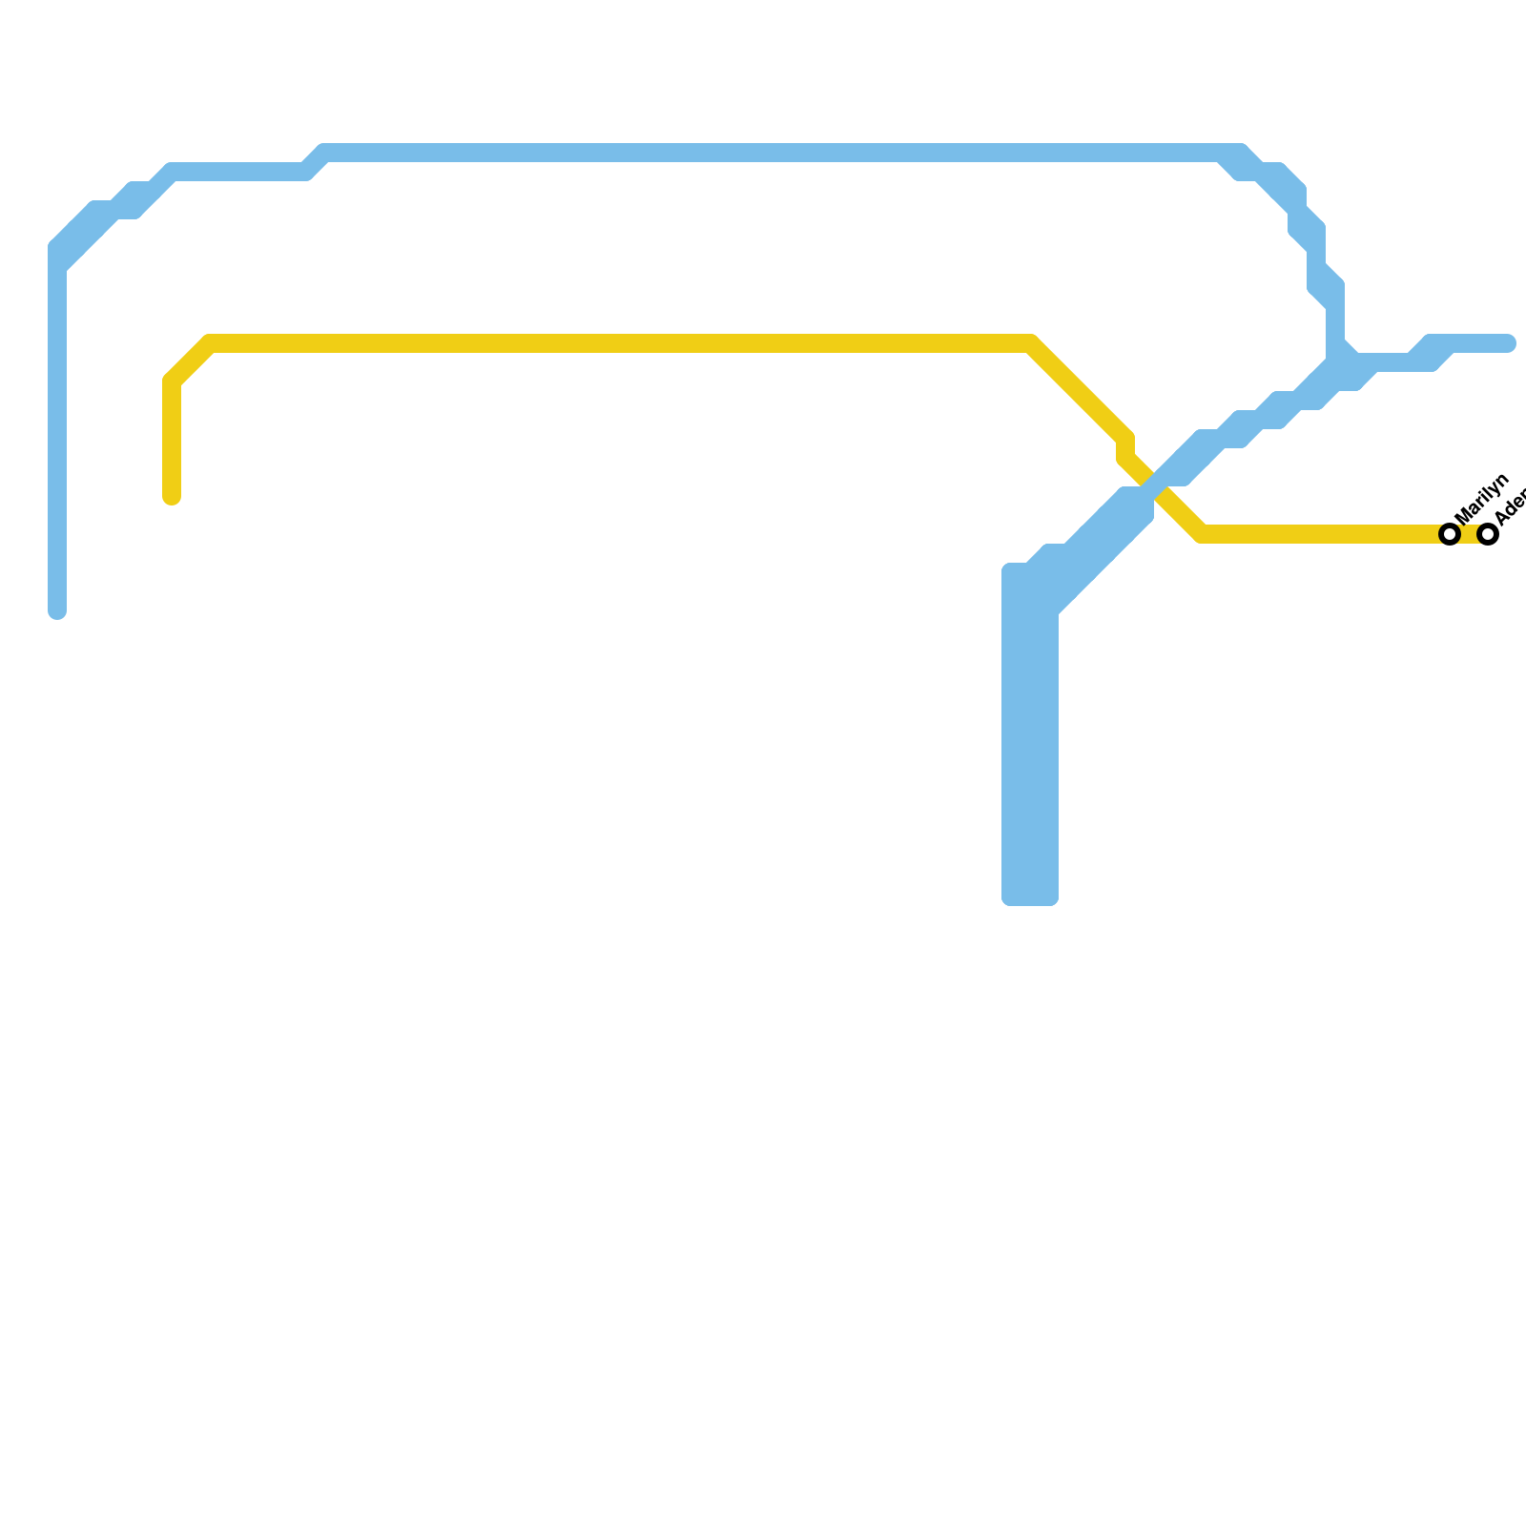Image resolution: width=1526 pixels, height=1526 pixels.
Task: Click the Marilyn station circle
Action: click(x=1451, y=534)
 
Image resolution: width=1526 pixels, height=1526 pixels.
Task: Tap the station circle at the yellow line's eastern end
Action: click(x=1488, y=534)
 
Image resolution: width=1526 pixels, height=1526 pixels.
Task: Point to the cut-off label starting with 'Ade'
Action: click(x=1511, y=505)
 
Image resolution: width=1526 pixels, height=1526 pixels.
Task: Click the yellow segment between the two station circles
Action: click(x=1470, y=534)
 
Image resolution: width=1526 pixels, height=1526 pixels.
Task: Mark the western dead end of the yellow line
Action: click(x=172, y=497)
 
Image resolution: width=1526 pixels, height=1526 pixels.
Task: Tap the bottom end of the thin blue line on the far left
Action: click(x=57, y=611)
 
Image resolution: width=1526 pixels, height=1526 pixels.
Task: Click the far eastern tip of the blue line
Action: click(x=1509, y=343)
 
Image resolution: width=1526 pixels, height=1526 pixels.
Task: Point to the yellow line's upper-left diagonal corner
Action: click(x=191, y=362)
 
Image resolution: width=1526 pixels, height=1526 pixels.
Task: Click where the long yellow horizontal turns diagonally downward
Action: click(x=1032, y=343)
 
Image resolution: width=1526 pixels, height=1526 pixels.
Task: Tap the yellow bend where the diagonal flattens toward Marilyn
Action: click(x=1202, y=534)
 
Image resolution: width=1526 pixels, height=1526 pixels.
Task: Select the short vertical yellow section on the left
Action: click(x=172, y=439)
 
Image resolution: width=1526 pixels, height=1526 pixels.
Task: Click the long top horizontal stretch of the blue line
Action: click(x=763, y=153)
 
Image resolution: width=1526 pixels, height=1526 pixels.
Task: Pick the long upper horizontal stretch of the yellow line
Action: click(x=620, y=343)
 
